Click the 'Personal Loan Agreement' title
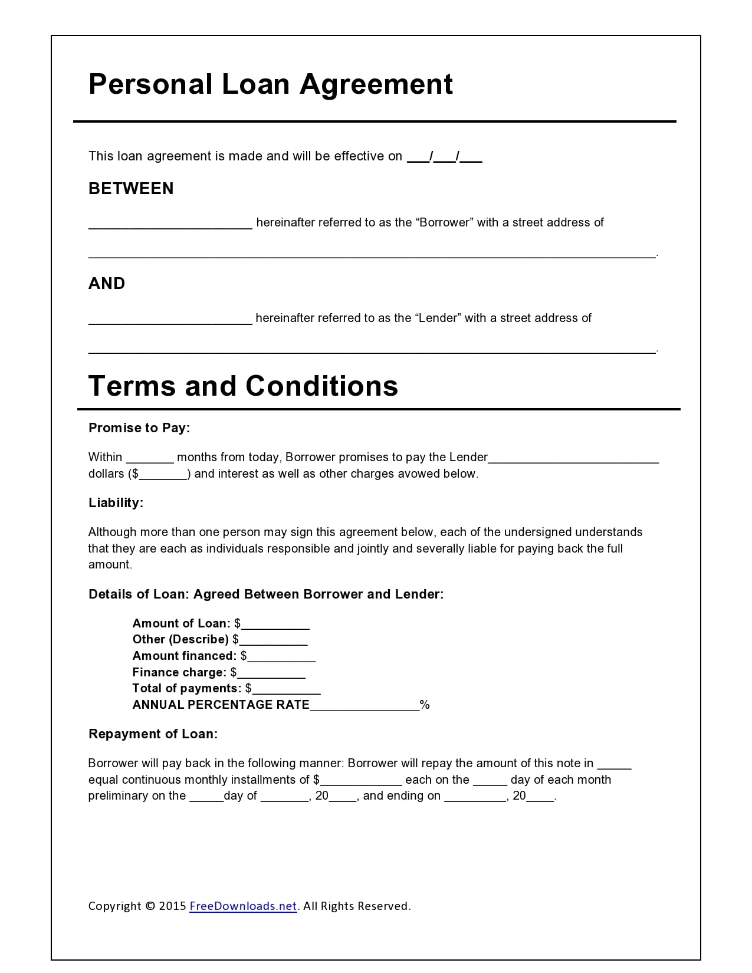tap(270, 84)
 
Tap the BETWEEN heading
tap(131, 189)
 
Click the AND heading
tap(107, 284)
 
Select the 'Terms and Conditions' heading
tap(243, 386)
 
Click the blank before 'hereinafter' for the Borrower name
tap(170, 223)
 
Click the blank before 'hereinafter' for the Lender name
tap(170, 319)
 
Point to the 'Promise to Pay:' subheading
tap(139, 428)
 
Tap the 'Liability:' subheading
tap(116, 503)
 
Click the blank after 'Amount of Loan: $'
tap(275, 624)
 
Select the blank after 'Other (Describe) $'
tap(273, 640)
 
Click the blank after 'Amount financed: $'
tap(281, 657)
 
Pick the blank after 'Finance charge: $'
tap(271, 673)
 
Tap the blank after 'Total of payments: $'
tap(286, 689)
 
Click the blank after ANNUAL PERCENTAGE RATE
tap(364, 706)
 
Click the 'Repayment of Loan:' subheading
tap(153, 734)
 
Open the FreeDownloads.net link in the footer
tap(242, 906)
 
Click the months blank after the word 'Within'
tap(150, 458)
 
